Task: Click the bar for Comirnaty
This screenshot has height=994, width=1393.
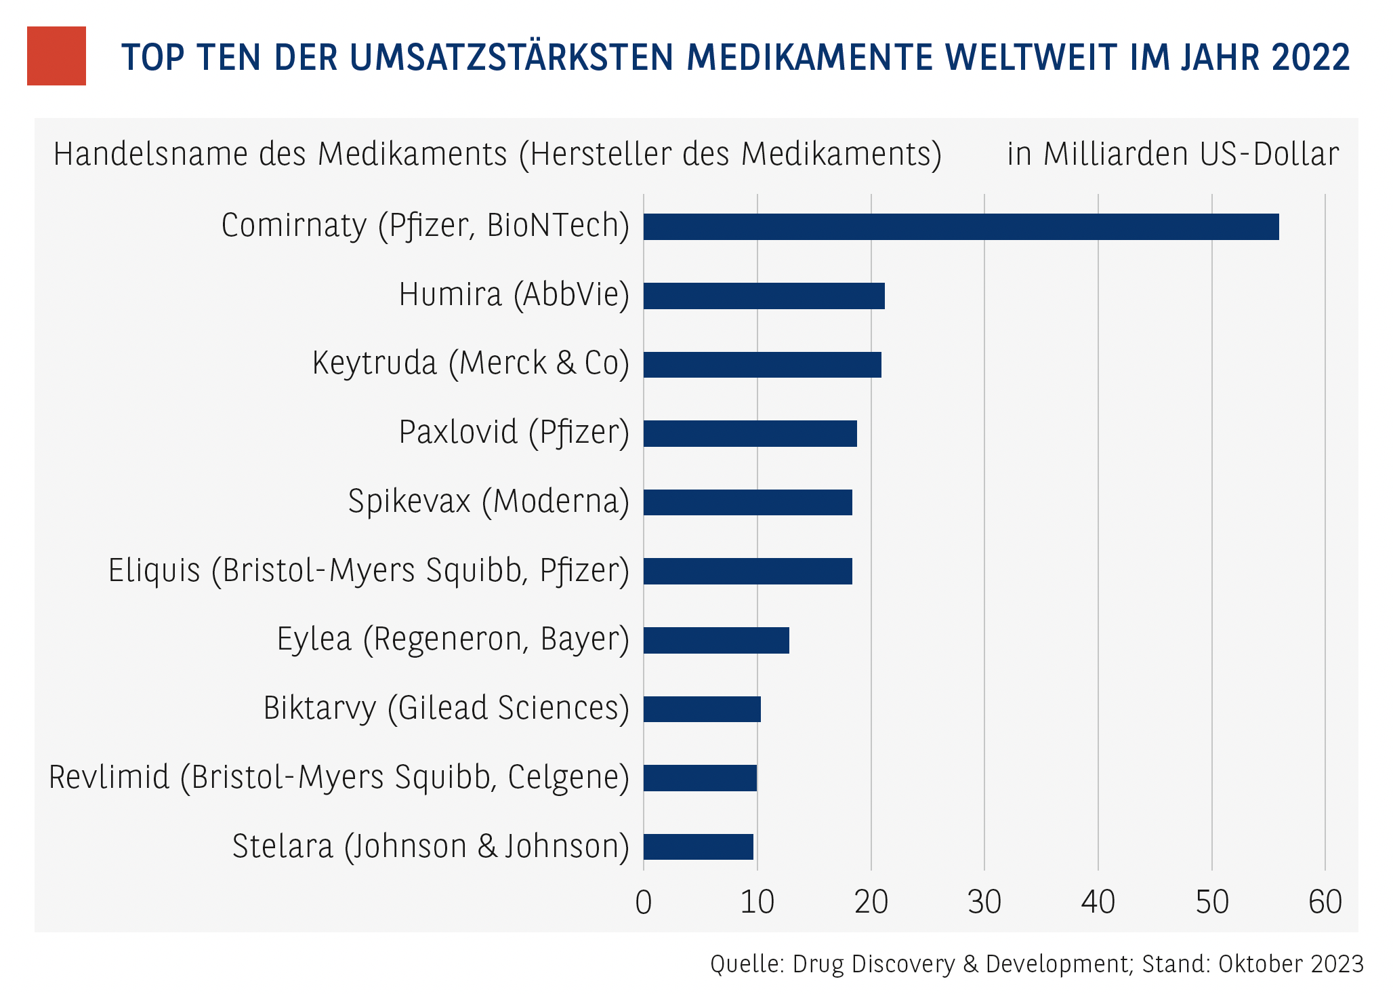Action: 961,226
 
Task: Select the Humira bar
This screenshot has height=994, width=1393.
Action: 764,296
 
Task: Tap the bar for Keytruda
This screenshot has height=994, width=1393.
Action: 762,365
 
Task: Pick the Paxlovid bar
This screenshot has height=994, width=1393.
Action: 750,433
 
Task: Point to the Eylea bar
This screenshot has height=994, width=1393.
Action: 716,640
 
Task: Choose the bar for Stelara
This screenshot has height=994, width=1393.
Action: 698,846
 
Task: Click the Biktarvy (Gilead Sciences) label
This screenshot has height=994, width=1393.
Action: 446,709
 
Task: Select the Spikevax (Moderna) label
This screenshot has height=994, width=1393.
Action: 488,502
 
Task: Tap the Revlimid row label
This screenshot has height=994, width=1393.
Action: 339,778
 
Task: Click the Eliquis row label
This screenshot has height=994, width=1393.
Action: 369,571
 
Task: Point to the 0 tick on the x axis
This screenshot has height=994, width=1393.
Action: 644,902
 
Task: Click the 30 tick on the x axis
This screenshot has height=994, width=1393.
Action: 984,902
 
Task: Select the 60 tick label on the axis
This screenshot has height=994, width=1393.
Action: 1325,902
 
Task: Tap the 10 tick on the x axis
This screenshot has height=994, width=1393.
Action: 757,902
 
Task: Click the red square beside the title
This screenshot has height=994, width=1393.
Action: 56,56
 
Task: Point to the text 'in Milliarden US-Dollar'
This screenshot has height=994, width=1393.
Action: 1173,154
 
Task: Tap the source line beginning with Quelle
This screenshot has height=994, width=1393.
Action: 1037,963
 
